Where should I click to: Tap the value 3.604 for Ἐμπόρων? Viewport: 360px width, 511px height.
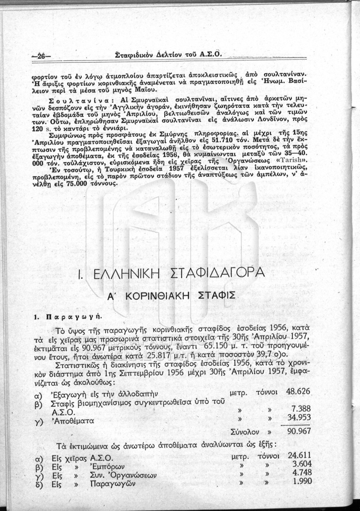[x=303, y=465]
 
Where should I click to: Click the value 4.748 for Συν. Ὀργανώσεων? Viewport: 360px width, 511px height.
[x=303, y=474]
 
